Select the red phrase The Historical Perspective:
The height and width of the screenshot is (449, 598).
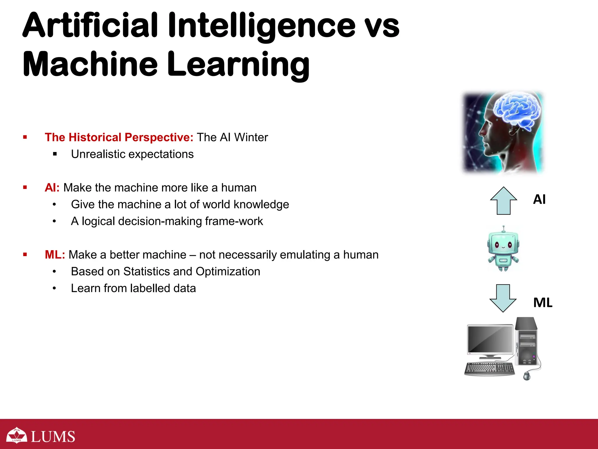point(119,137)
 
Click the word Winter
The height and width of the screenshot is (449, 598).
point(251,137)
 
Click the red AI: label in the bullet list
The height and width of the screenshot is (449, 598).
point(52,188)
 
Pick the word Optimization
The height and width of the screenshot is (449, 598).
point(228,272)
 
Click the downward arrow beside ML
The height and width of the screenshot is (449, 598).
point(503,298)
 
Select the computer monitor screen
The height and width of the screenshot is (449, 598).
point(490,339)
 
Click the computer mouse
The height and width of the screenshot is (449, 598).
point(527,376)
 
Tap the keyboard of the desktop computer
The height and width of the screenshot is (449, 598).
point(489,369)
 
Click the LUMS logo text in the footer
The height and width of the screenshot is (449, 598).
point(53,437)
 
